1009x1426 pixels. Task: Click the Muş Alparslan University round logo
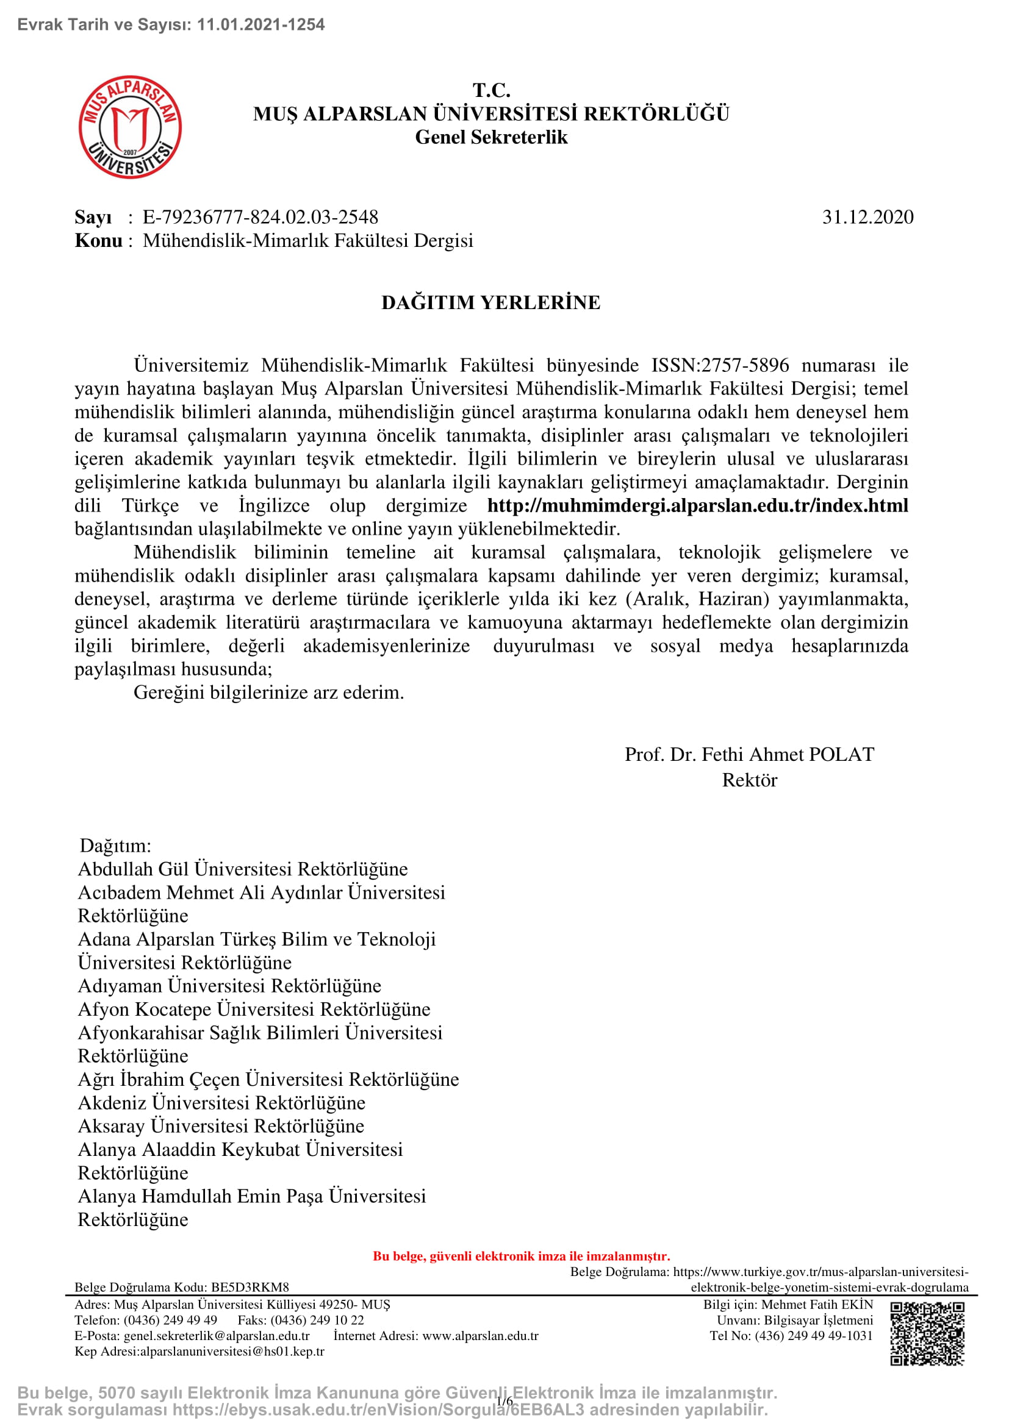pos(130,127)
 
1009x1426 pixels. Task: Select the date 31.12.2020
pos(867,217)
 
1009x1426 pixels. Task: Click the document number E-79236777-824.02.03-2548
pos(260,217)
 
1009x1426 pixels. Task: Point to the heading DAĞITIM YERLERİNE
pos(491,302)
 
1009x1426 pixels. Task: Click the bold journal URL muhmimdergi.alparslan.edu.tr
pos(697,505)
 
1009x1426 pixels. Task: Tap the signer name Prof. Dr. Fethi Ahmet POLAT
pos(749,754)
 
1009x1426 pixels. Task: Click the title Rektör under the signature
pos(749,780)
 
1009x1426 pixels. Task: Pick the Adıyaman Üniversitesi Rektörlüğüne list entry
pos(229,986)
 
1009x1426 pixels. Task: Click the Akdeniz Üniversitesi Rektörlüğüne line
pos(221,1102)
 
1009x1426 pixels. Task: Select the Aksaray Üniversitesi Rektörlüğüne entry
pos(221,1126)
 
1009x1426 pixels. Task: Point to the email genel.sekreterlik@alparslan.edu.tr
pos(216,1336)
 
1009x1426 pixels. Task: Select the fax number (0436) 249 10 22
pos(317,1321)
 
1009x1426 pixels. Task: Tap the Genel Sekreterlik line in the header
pos(491,137)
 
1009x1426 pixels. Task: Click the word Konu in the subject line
pos(98,240)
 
